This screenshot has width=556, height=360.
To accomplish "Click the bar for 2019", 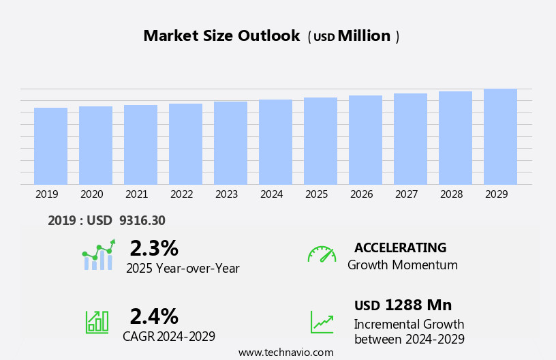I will coord(50,146).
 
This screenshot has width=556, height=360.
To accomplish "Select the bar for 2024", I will coord(275,142).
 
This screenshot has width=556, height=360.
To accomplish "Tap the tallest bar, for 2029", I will coord(500,136).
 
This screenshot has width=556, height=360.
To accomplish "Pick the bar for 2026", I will coord(365,140).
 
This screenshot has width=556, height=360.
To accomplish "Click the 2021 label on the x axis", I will coord(136,194).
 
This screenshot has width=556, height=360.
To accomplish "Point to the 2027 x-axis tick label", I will coord(406,194).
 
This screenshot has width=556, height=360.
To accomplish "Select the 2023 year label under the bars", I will coord(226,194).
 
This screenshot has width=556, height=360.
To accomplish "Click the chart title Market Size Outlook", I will coord(221,36).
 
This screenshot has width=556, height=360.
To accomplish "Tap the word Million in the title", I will coord(364,36).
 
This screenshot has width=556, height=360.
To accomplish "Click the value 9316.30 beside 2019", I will coord(142,220).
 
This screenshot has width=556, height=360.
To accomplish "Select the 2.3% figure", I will coord(154,248).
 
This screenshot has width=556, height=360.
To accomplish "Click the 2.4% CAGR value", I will coord(154,316).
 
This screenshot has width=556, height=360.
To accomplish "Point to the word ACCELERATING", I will coord(400,247).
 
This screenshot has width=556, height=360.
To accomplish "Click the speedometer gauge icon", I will coord(322,254).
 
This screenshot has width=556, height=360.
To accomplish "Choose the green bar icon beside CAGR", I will coord(97,322).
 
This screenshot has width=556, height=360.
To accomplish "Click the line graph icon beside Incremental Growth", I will coord(322,322).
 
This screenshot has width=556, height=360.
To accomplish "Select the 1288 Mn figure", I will coord(418,305).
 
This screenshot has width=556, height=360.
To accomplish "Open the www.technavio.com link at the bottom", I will coord(285,352).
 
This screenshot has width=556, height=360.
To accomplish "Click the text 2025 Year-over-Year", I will coord(183,269).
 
